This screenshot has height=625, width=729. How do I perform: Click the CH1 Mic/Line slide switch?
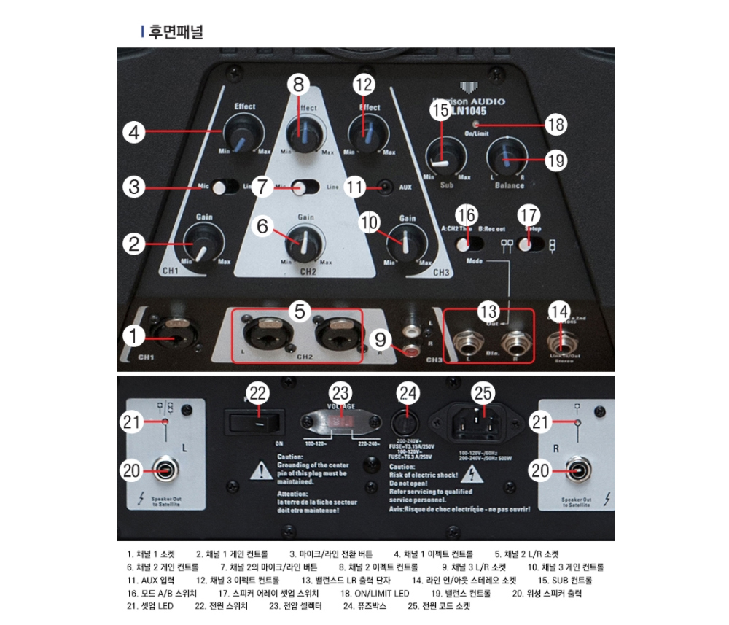(x=225, y=187)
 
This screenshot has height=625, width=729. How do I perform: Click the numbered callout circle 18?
(x=555, y=125)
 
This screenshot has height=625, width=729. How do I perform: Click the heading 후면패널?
(x=176, y=32)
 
